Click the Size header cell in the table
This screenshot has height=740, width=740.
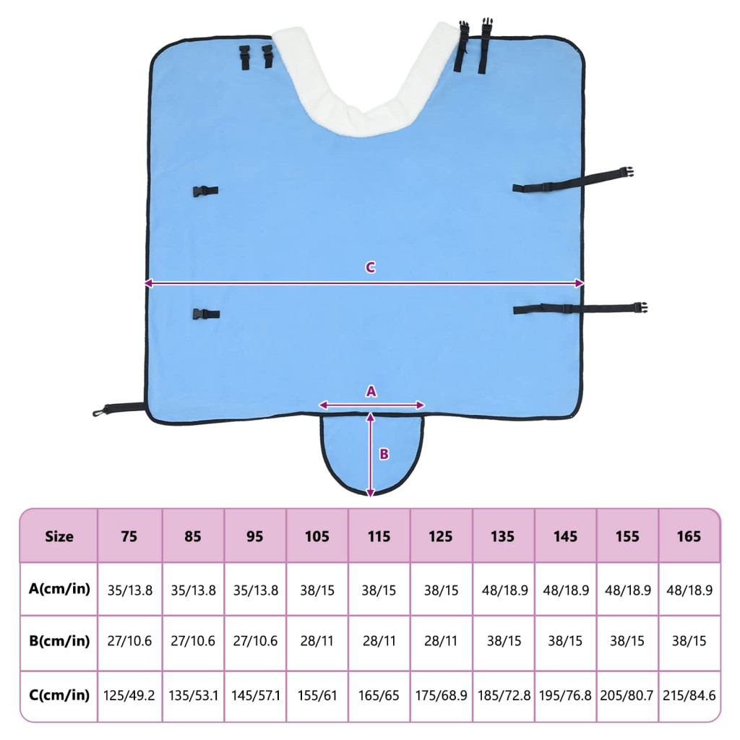pos(59,536)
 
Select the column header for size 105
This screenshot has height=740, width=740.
pos(317,536)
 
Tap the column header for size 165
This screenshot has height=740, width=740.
pos(689,536)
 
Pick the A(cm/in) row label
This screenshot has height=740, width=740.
pos(59,589)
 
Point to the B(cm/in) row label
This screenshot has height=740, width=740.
pos(59,641)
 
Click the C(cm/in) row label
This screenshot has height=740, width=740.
pos(59,695)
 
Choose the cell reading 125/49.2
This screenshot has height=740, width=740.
pos(130,696)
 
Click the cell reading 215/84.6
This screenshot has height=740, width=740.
pos(689,696)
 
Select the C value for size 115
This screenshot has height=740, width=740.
pos(379,696)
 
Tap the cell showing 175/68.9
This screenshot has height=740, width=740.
pos(441,696)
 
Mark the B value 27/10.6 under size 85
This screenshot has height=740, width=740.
pos(193,642)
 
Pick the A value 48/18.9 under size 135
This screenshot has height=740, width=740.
pos(503,590)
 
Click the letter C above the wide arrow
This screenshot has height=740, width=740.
pos(370,267)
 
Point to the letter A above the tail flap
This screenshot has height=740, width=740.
pos(371,391)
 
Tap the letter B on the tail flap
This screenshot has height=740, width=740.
pos(384,454)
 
